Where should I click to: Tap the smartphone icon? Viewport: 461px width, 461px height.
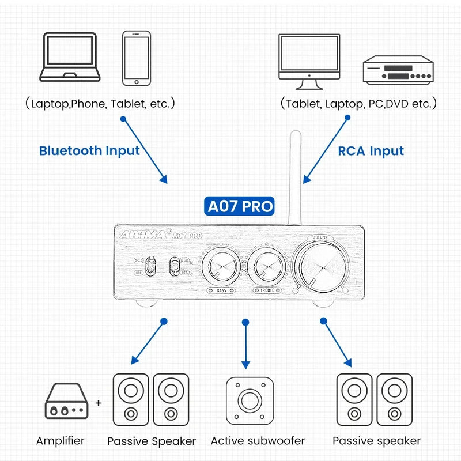coord(137,58)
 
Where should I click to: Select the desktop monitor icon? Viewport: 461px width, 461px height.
coord(309,61)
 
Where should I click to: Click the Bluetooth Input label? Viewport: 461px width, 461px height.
coord(89,151)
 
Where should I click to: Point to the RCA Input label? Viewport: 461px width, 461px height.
coord(371,151)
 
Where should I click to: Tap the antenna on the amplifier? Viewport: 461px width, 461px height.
coord(295,179)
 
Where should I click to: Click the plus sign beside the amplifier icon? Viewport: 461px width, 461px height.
coord(99,403)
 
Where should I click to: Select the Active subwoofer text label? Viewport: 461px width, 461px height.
coord(258,441)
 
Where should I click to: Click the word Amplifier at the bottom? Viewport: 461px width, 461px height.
coord(61,441)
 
